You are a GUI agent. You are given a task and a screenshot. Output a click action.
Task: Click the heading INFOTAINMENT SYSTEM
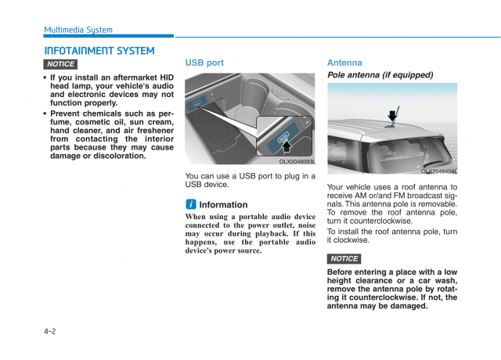[99, 51]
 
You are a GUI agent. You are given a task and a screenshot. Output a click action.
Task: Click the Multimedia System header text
[78, 30]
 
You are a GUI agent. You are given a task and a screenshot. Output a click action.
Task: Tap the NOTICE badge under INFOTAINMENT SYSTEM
[60, 64]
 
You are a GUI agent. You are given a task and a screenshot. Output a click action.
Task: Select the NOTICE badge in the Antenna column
[344, 258]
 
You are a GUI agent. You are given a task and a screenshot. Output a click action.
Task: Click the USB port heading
[204, 63]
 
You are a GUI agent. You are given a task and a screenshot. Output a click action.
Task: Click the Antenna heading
[344, 63]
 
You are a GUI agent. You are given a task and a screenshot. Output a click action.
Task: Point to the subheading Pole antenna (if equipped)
[380, 75]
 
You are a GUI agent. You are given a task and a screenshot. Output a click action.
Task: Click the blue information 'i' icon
[190, 204]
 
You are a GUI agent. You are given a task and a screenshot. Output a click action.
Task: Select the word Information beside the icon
[223, 205]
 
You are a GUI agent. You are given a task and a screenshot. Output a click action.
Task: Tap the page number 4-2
[50, 332]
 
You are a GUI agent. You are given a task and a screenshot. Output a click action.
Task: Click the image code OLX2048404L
[438, 171]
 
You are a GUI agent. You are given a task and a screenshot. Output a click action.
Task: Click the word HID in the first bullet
[166, 77]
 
